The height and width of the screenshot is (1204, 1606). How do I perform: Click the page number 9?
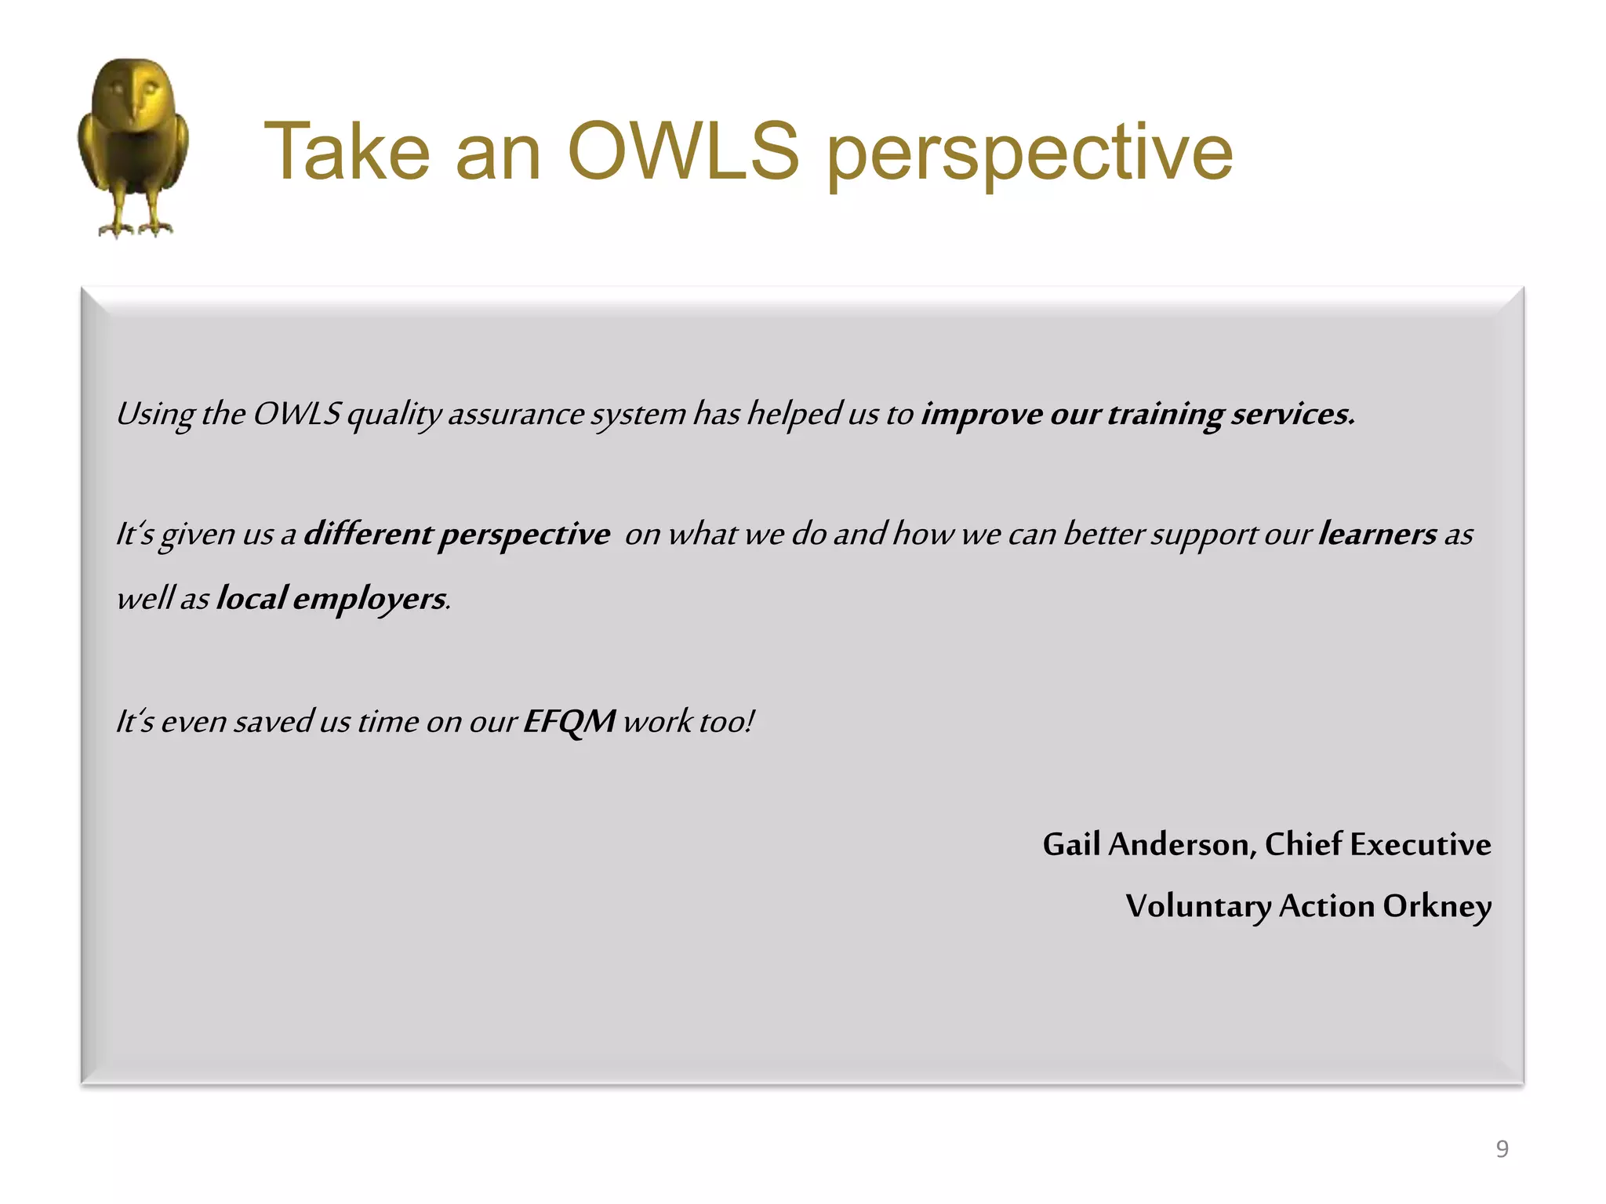pyautogui.click(x=1502, y=1148)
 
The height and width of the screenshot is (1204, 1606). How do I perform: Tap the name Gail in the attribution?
pyautogui.click(x=1071, y=844)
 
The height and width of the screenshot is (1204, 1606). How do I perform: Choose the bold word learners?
pyautogui.click(x=1377, y=534)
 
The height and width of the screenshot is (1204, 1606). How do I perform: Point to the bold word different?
pyautogui.click(x=367, y=534)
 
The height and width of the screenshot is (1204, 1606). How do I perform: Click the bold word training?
pyautogui.click(x=1165, y=414)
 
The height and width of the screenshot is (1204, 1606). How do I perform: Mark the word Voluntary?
pyautogui.click(x=1198, y=906)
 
